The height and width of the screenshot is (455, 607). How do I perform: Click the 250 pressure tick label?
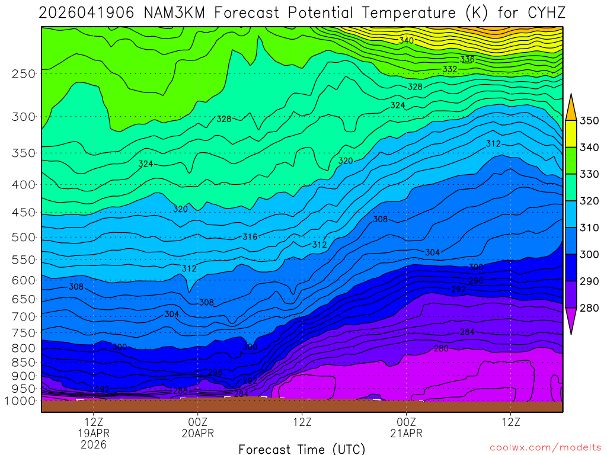24,73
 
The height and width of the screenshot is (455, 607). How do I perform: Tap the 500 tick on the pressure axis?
24,237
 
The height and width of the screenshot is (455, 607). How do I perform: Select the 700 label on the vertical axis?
24,316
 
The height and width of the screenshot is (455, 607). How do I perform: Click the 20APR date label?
197,433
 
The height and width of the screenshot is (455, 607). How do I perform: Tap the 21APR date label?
406,433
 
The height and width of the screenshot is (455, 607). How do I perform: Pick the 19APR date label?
94,433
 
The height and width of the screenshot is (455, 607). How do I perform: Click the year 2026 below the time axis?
94,444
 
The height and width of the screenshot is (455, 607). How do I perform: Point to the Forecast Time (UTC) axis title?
302,448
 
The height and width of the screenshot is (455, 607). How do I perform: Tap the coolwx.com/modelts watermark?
545,447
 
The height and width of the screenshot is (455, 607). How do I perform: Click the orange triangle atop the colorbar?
571,107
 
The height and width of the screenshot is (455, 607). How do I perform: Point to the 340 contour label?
407,41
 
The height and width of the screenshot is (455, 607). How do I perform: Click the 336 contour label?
467,59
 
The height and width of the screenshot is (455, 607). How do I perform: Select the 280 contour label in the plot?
441,348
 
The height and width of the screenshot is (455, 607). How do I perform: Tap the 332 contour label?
450,69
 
